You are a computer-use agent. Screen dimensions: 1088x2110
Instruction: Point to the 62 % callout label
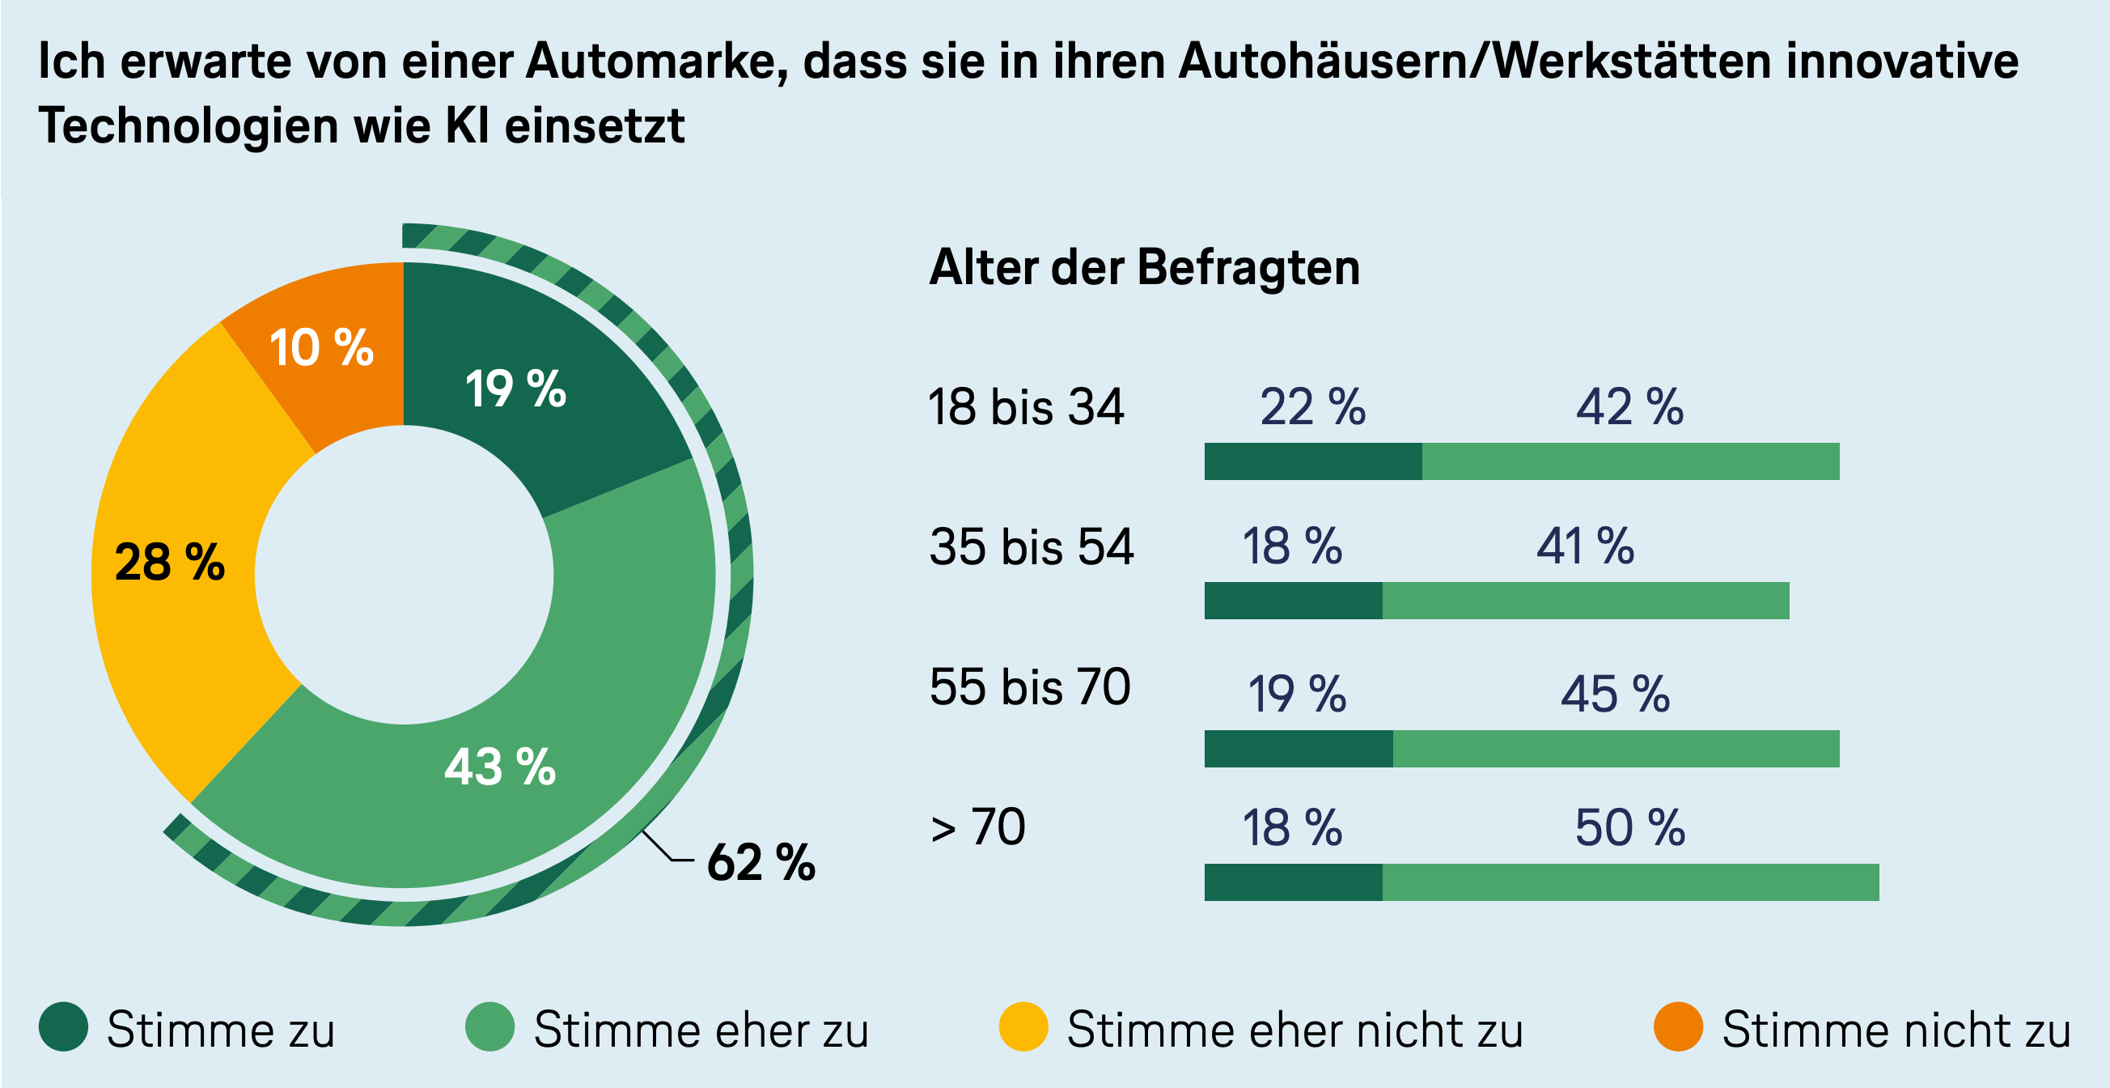pos(761,862)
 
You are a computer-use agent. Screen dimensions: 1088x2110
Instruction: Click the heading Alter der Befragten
pos(1144,268)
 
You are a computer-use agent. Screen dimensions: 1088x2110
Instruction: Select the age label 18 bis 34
pos(1026,407)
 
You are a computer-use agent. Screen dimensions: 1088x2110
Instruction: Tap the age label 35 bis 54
pos(1032,546)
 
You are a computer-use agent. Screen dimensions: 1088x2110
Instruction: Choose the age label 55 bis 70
pos(1030,686)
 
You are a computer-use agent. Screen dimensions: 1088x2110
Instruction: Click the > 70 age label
pos(978,827)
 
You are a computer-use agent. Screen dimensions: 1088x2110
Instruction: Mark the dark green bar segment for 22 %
pos(1312,461)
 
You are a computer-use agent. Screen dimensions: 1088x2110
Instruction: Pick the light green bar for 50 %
pos(1630,882)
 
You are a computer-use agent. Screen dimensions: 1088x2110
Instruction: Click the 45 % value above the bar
pos(1614,695)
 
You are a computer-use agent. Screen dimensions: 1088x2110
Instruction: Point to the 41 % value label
pos(1585,546)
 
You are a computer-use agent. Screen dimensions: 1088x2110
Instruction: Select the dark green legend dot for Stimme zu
pos(63,1026)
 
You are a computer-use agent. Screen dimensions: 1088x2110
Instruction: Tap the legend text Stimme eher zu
pos(701,1030)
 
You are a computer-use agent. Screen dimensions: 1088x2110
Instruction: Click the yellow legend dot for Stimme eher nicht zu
pos(1023,1026)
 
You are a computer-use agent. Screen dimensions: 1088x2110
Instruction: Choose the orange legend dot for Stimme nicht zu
pos(1678,1026)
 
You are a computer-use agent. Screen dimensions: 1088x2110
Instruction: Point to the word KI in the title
pos(468,126)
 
